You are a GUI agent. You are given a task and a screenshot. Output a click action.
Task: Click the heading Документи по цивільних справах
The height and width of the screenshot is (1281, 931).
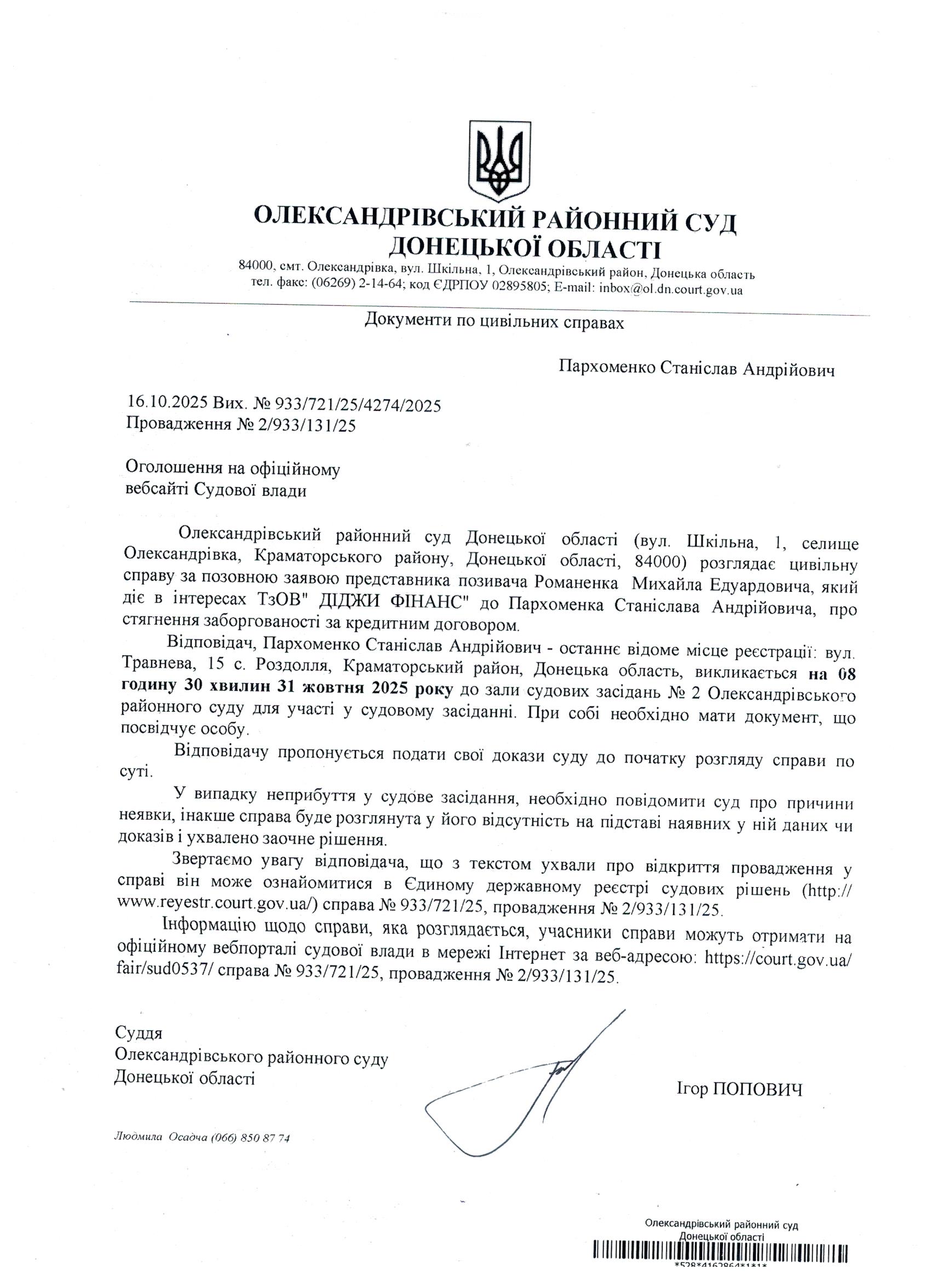pos(495,322)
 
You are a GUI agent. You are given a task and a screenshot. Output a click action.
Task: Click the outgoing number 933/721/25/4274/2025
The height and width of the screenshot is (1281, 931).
pos(358,405)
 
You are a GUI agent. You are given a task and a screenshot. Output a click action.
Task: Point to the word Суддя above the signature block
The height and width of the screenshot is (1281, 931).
pos(139,1033)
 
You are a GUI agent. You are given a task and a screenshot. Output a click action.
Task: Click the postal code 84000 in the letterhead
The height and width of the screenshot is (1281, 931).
pos(255,266)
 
